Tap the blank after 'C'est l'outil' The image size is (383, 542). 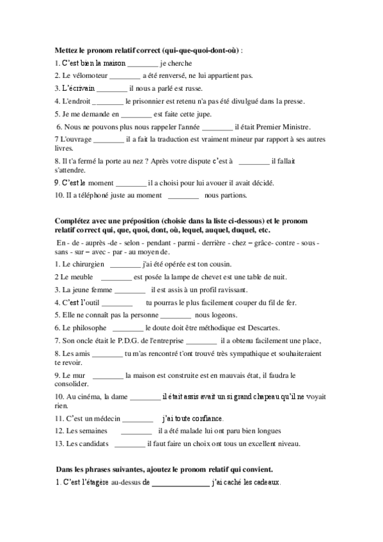point(117,302)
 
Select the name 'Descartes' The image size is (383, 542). point(236,327)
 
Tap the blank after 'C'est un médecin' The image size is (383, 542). point(137,419)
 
